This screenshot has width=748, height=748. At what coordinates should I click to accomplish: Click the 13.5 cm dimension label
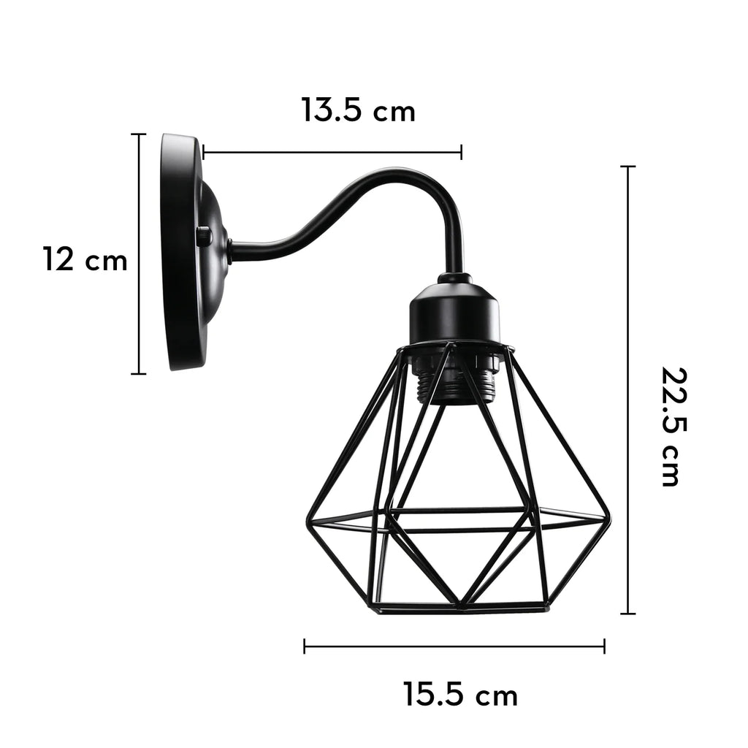pyautogui.click(x=358, y=111)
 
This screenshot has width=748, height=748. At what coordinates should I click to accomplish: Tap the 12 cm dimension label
pyautogui.click(x=85, y=260)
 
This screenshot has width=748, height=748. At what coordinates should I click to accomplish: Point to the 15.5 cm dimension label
pyautogui.click(x=460, y=694)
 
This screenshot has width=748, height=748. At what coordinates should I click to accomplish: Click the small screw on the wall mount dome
pyautogui.click(x=203, y=236)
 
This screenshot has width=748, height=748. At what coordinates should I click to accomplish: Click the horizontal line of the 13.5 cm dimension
pyautogui.click(x=332, y=152)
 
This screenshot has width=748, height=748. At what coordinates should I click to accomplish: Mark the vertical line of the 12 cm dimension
pyautogui.click(x=138, y=254)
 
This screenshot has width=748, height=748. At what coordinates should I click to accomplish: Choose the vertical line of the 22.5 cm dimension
pyautogui.click(x=627, y=390)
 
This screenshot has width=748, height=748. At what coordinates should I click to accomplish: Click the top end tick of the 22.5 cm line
pyautogui.click(x=627, y=167)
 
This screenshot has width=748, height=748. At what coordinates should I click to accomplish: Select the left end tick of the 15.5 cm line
pyautogui.click(x=305, y=646)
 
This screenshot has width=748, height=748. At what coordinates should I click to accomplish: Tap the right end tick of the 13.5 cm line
pyautogui.click(x=461, y=152)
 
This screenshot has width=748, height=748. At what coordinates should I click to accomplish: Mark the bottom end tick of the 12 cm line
pyautogui.click(x=138, y=373)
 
